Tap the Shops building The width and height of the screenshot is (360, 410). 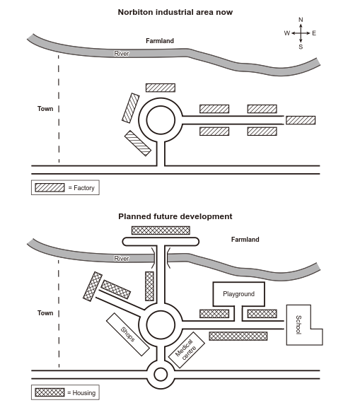click(x=128, y=334)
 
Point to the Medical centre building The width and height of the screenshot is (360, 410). click(x=186, y=350)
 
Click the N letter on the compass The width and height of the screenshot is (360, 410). click(x=301, y=20)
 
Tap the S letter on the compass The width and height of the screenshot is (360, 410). click(x=301, y=47)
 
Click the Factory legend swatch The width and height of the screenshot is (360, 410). click(x=50, y=187)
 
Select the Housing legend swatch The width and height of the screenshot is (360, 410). click(x=50, y=392)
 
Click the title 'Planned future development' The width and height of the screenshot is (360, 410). click(x=175, y=216)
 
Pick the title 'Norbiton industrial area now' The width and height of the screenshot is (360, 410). click(x=175, y=12)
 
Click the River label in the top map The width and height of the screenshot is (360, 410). click(x=122, y=54)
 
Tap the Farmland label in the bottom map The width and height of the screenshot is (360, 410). click(x=245, y=240)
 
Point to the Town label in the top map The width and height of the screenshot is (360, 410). click(x=45, y=109)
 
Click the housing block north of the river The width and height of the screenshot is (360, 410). click(x=161, y=230)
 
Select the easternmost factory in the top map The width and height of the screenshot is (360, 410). click(x=301, y=120)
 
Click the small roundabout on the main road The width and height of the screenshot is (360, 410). click(x=161, y=375)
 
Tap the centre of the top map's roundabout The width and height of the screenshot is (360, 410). click(x=161, y=120)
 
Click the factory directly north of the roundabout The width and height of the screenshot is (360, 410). click(x=161, y=88)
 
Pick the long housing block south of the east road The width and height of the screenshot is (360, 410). click(x=238, y=336)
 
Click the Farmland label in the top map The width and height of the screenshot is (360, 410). click(x=160, y=41)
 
